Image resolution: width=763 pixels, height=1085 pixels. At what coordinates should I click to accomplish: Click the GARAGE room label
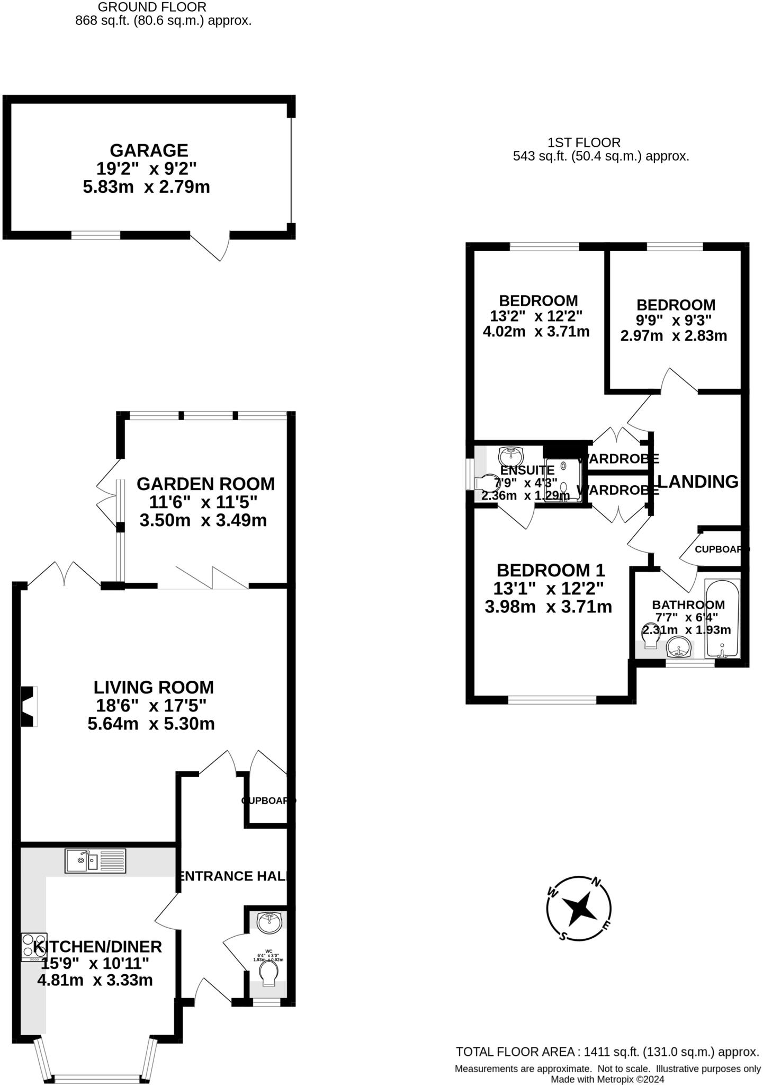tap(149, 150)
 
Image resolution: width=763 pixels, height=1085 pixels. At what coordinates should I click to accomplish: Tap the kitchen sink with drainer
tap(95, 860)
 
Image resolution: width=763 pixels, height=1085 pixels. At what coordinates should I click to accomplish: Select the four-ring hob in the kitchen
tap(34, 947)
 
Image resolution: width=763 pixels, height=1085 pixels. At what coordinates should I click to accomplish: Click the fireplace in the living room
tap(28, 706)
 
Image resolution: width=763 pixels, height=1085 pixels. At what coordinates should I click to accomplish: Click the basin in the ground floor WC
tap(269, 922)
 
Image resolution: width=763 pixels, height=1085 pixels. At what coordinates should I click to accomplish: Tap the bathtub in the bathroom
tap(722, 618)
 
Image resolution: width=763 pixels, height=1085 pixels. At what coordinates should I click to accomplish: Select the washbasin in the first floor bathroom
tap(679, 647)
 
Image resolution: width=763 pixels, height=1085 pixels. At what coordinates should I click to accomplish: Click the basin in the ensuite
tap(511, 455)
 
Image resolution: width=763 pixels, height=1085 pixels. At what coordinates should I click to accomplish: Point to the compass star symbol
tap(579, 909)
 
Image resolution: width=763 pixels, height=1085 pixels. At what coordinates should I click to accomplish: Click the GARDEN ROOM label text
tap(205, 484)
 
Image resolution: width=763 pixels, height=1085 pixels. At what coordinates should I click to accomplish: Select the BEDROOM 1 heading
tap(551, 570)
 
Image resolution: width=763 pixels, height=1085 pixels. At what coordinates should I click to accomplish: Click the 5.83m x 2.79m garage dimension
tap(147, 187)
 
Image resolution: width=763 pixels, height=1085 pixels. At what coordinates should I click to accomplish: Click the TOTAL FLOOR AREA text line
tap(607, 1052)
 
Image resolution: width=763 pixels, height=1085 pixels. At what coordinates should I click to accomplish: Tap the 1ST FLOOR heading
tap(584, 142)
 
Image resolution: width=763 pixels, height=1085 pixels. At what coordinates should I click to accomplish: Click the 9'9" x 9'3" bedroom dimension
tap(673, 320)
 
